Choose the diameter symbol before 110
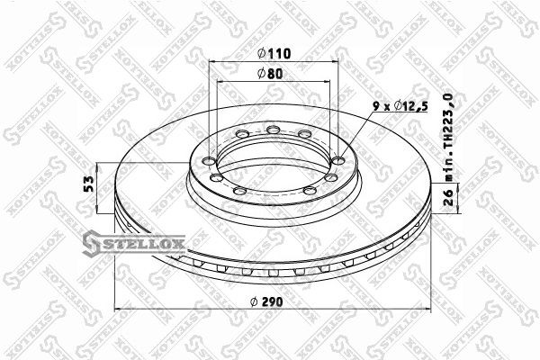pyautogui.click(x=256, y=53)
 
